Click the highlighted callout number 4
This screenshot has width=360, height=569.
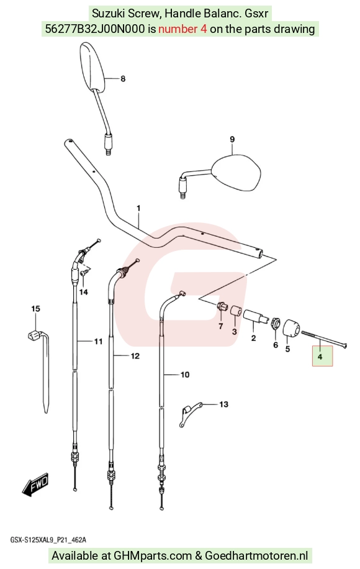[x=320, y=357]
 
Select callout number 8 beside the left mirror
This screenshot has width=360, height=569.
[x=123, y=79]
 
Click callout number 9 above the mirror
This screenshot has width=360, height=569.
[x=232, y=139]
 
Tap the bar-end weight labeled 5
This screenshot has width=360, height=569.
[x=291, y=328]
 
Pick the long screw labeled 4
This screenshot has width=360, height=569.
[x=323, y=338]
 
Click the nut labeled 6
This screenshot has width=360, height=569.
[x=276, y=322]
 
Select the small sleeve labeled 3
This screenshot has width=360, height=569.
[x=236, y=312]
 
